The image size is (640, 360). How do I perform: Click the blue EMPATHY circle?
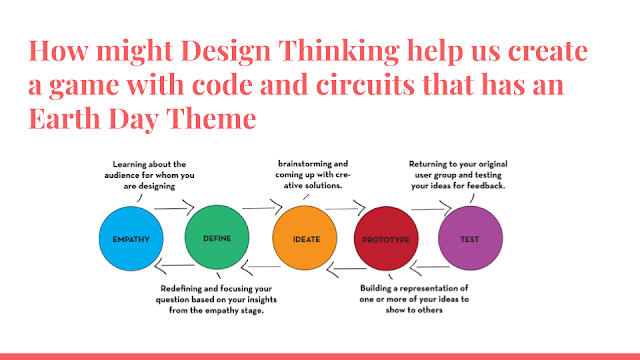pos(131,238)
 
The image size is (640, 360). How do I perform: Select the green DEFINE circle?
pos(217,238)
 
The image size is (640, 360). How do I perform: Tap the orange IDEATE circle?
pos(305,238)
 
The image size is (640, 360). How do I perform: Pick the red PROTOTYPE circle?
pos(386,239)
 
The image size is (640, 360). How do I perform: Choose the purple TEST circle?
pos(470,238)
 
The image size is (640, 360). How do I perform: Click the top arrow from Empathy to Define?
pos(174,208)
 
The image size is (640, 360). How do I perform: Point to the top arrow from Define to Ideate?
pos(262,208)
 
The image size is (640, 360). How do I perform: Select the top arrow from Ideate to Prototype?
pos(345,209)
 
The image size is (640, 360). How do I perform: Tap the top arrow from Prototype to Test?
pos(431,209)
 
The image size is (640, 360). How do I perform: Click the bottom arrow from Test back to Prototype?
pos(429,267)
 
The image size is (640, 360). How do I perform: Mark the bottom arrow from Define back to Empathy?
pos(174,266)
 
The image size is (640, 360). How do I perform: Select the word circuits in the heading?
pos(365,84)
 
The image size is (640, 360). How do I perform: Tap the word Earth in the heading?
pos(64,118)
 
